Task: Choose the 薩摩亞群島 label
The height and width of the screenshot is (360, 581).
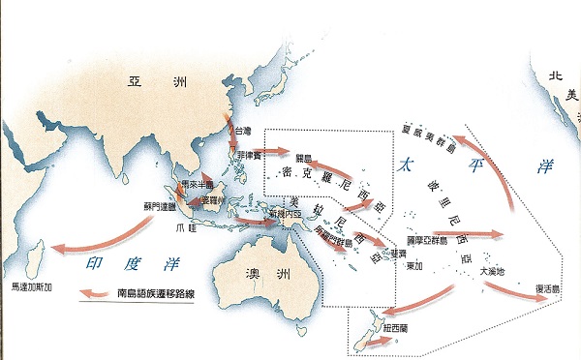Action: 425,232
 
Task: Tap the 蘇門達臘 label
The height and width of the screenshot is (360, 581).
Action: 162,205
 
